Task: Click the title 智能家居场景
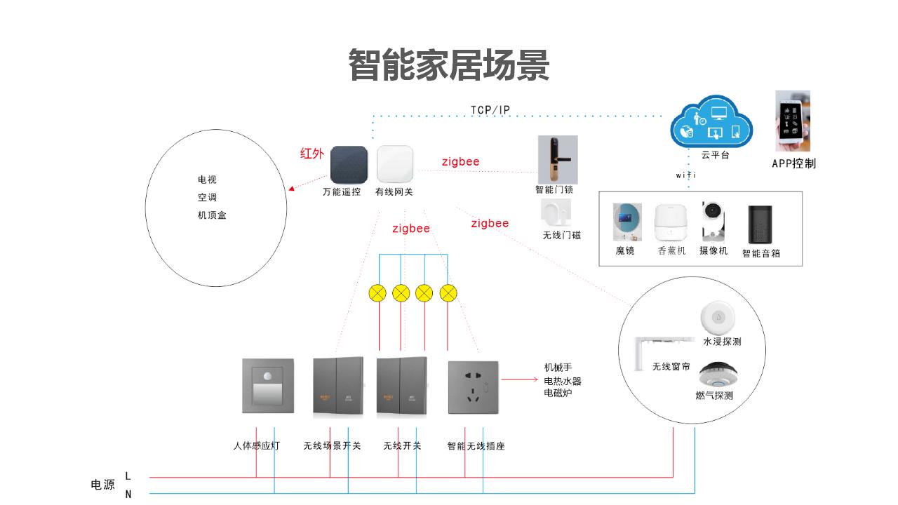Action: tap(449, 65)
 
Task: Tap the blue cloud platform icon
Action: tap(711, 123)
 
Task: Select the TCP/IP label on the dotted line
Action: tap(490, 110)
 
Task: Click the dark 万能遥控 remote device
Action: tap(349, 164)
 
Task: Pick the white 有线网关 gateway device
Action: tap(394, 164)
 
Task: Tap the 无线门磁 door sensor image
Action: tap(555, 213)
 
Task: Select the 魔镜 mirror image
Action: tap(626, 222)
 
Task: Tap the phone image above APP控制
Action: tap(793, 121)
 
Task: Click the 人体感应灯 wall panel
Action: tap(267, 386)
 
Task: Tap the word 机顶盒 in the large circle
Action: tap(212, 215)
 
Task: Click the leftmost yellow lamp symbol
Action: tap(377, 293)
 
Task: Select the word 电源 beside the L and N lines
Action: tap(103, 485)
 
